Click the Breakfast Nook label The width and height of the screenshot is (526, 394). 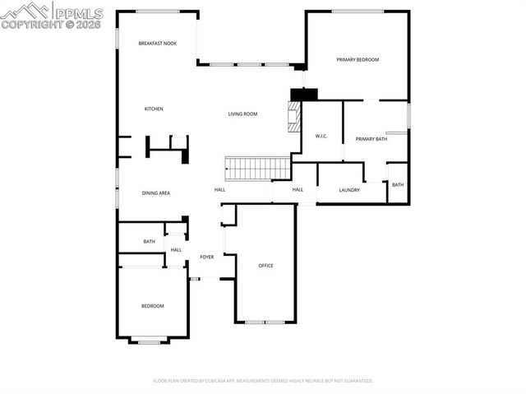157,44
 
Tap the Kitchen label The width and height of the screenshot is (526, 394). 154,109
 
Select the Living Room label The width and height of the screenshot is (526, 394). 243,114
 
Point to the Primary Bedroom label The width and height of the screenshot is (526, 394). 358,60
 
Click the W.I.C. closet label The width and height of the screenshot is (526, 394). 321,136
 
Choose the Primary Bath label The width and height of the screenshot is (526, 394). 371,139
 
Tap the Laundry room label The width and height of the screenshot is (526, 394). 349,190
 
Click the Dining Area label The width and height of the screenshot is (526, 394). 155,192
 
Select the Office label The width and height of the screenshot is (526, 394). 265,266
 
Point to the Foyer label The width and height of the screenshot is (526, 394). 207,257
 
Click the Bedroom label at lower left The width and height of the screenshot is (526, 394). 152,306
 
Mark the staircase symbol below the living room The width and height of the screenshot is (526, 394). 258,168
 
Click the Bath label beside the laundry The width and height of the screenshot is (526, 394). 398,184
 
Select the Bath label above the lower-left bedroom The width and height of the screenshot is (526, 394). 149,241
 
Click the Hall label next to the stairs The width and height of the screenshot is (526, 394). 220,190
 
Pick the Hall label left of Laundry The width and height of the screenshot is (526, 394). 298,190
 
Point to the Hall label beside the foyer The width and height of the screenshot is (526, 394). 176,250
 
